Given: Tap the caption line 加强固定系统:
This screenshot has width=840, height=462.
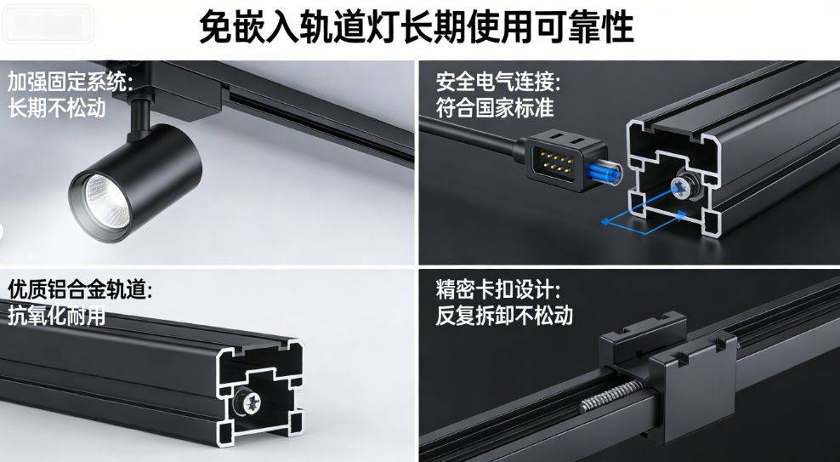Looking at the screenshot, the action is (70, 83).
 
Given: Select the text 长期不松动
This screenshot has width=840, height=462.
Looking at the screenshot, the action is (57, 108).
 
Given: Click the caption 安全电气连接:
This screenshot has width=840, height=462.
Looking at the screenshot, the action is (499, 83).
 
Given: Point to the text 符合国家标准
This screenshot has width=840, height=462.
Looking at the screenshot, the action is (495, 108).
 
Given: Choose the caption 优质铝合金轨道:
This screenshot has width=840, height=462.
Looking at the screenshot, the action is (81, 290).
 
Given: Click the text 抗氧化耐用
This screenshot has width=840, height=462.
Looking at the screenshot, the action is (56, 317).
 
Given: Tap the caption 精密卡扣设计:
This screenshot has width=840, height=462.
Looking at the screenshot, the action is (499, 290).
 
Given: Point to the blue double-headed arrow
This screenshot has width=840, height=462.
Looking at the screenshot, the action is (644, 220).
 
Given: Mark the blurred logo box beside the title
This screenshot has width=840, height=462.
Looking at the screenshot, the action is (48, 23).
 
